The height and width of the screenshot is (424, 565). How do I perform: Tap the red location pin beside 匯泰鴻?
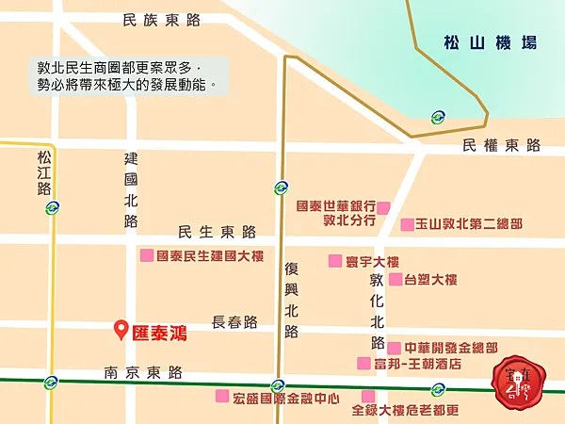121,330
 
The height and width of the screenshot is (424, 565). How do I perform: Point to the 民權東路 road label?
502,145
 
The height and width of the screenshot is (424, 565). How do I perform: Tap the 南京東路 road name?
143,372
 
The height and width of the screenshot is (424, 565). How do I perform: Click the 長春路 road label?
234,322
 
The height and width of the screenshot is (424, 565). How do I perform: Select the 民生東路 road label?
217,232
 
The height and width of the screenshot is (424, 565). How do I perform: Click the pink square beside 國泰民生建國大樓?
146,255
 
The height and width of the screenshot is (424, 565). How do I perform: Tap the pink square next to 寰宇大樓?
334,261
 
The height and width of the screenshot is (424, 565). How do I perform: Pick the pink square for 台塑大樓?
395,279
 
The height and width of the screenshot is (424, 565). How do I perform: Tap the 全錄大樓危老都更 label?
405,410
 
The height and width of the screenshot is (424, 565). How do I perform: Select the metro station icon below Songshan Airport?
438,118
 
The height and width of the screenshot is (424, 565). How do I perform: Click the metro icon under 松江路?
51,209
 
